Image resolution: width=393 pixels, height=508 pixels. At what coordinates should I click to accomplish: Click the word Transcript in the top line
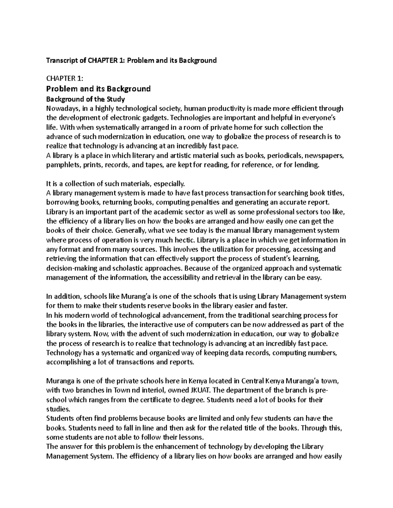tap(60, 61)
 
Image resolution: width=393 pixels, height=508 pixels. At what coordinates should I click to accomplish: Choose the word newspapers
tap(324, 156)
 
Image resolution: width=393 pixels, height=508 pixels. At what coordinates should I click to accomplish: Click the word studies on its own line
tap(58, 409)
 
